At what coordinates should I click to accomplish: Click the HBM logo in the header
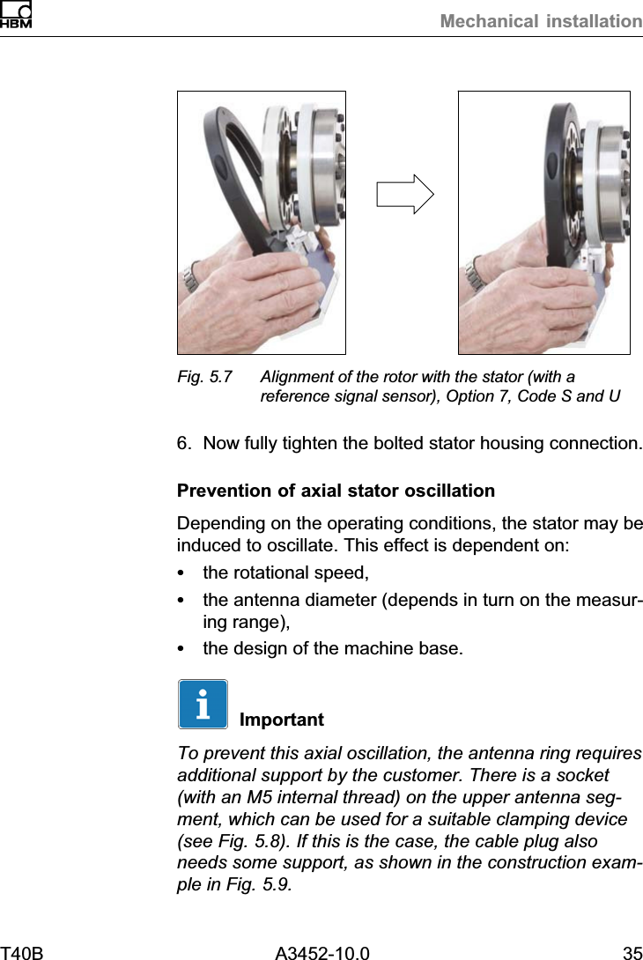(x=16, y=15)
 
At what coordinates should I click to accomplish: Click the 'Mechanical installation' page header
(x=541, y=21)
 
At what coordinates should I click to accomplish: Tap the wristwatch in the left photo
(x=191, y=278)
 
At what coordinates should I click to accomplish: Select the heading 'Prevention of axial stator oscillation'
(x=336, y=490)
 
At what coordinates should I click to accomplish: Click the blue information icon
(x=203, y=704)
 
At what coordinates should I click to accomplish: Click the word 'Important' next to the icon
(x=281, y=720)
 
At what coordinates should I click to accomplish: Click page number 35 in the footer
(x=632, y=952)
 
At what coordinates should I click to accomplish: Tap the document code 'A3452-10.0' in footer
(x=321, y=952)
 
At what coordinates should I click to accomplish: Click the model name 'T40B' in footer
(x=22, y=952)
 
